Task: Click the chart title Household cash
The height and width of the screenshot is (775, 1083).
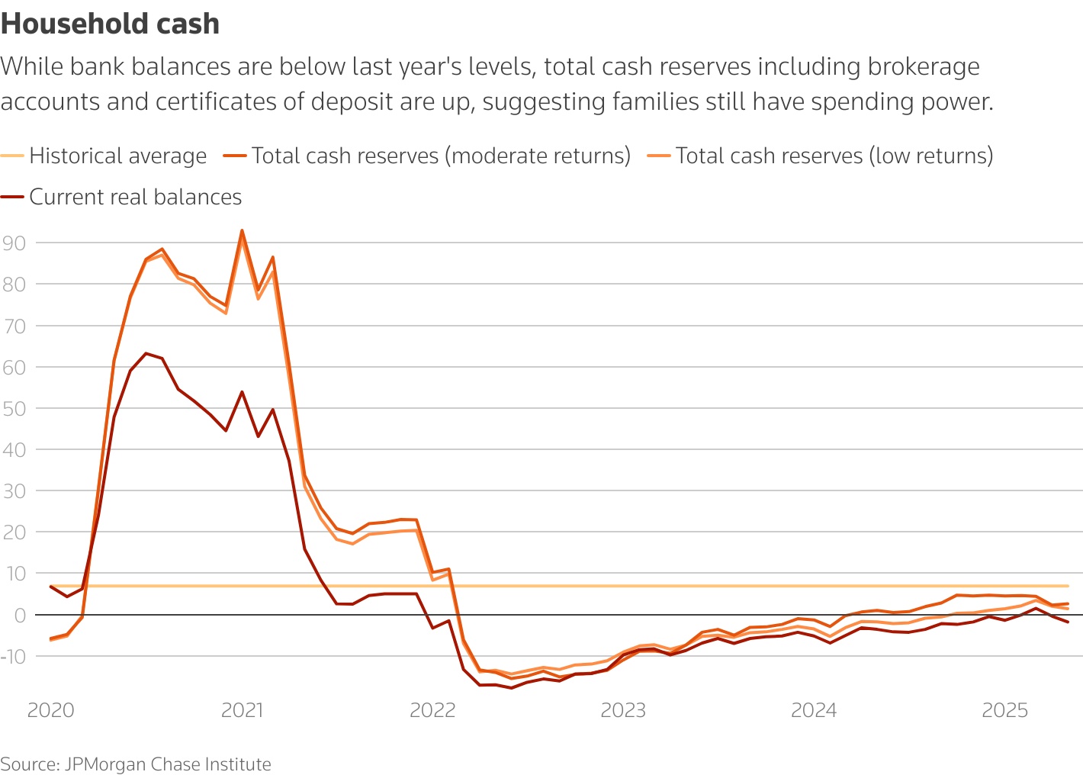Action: coord(110,24)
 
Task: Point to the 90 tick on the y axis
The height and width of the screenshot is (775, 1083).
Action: coord(14,243)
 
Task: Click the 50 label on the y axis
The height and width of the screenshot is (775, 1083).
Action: coord(14,408)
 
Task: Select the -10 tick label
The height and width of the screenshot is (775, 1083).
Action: coord(14,656)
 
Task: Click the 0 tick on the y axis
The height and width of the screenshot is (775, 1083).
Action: coord(20,615)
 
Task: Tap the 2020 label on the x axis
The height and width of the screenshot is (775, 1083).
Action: coord(50,711)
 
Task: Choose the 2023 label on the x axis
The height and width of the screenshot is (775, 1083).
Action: coord(623,711)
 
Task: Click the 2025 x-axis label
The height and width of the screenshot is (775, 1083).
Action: coord(1004,711)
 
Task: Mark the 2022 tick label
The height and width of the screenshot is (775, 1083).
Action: coord(432,711)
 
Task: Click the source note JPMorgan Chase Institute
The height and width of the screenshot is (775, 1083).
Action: coord(136,764)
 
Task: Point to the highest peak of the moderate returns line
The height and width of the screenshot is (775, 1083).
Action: coord(242,230)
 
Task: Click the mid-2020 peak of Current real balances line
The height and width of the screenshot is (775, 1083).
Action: coord(146,353)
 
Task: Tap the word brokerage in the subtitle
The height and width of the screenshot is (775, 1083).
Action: coord(924,67)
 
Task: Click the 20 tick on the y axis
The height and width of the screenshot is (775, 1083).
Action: coord(14,532)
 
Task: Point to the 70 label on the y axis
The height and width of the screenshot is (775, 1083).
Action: coord(14,326)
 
